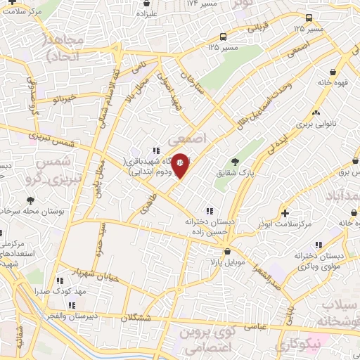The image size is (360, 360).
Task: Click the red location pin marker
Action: (180, 165)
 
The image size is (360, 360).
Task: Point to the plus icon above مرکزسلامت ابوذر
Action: (284, 212)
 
